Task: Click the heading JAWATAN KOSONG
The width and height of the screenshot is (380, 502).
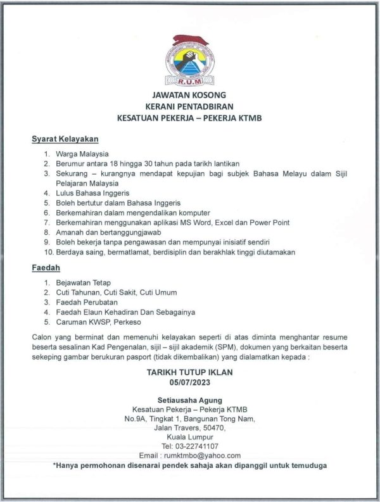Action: pyautogui.click(x=189, y=96)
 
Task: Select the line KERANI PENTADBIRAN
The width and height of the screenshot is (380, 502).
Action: pyautogui.click(x=189, y=106)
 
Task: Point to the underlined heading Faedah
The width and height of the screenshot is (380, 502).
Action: pyautogui.click(x=46, y=268)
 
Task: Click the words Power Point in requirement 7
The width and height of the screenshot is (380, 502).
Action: pyautogui.click(x=270, y=222)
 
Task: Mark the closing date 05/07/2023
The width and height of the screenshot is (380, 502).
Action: pyautogui.click(x=189, y=382)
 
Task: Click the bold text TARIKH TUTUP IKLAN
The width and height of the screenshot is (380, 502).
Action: pyautogui.click(x=189, y=372)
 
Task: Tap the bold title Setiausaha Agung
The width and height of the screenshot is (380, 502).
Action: pyautogui.click(x=189, y=401)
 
